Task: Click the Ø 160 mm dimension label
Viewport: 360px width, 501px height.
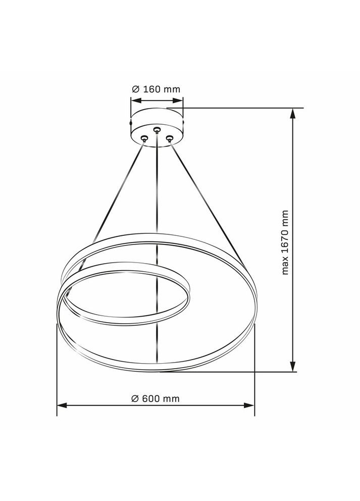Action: [x=156, y=89]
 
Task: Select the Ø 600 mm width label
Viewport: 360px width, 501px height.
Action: [x=156, y=398]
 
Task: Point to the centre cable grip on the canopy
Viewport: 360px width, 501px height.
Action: [x=157, y=130]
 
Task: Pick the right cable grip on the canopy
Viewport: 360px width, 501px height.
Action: [x=170, y=137]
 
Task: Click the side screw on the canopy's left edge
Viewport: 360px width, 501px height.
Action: [x=131, y=123]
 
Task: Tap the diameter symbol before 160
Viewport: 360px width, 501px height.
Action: [x=135, y=89]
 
